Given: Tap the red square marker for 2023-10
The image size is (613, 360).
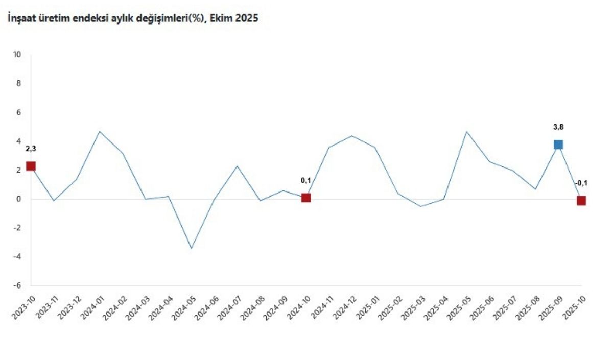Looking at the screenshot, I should pos(31,166).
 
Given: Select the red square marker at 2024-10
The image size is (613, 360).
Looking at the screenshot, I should pos(306,198).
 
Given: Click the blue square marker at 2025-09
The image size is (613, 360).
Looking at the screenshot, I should pos(558,145).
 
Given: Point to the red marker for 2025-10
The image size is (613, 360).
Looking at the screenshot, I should pos(581,201).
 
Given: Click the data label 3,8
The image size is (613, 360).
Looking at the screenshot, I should pos(558,127).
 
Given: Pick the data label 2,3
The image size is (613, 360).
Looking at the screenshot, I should pos(31,149).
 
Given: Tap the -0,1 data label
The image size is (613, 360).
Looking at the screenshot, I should pos(581,183).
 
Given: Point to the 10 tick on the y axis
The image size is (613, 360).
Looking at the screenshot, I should pos(17,55).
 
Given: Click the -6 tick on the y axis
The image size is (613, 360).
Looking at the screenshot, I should pos(17,286).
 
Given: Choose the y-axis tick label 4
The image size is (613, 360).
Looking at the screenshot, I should pos(19,141).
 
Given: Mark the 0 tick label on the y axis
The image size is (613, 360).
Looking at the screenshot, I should pos(19,199).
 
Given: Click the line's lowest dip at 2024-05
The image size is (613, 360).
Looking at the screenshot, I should pos(192,249).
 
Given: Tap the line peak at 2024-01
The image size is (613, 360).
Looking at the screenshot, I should pos(100,131).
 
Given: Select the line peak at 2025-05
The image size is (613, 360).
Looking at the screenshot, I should pos(466,131).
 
